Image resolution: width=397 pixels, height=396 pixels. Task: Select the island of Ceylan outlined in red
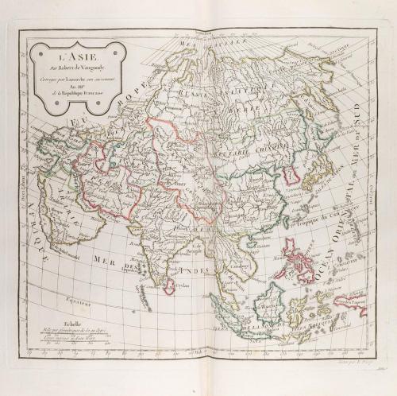pos(168,285)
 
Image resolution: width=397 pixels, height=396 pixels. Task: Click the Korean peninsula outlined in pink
pos(291,174)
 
